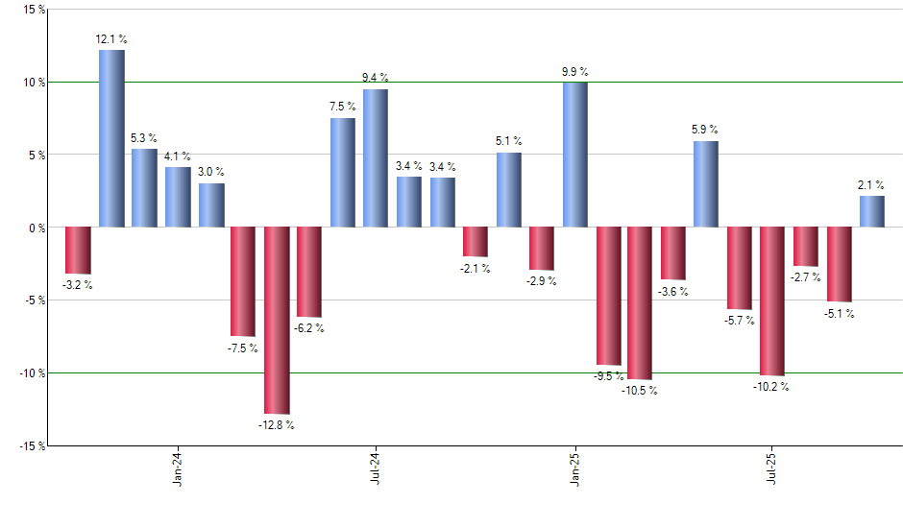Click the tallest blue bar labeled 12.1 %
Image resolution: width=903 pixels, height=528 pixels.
(x=111, y=139)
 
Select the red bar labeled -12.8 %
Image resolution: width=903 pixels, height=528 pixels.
(x=277, y=321)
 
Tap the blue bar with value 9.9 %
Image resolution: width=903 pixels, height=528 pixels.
(x=575, y=155)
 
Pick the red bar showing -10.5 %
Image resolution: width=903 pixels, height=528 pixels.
(x=640, y=303)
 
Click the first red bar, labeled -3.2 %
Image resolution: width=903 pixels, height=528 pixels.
(x=78, y=251)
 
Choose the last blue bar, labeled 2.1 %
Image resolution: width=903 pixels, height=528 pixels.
(x=872, y=211)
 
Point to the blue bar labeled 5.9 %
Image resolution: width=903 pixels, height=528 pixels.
(x=706, y=184)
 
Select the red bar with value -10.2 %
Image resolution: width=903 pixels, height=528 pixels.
(x=772, y=301)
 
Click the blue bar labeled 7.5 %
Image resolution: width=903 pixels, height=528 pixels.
(x=343, y=173)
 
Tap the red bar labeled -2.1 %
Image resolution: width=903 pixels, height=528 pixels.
(x=476, y=242)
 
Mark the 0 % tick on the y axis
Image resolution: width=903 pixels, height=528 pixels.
(x=36, y=228)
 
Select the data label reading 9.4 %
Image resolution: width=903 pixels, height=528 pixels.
(x=377, y=77)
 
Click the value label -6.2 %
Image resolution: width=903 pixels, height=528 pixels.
(x=309, y=328)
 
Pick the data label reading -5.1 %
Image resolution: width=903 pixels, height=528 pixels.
(x=840, y=314)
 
